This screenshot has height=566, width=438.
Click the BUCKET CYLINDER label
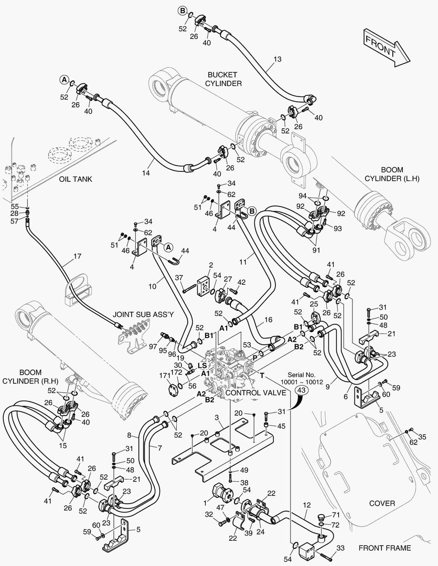tap(223, 79)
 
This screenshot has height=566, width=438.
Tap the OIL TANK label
tap(76, 179)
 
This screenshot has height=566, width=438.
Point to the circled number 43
tap(302, 390)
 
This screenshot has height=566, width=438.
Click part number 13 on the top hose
tap(278, 59)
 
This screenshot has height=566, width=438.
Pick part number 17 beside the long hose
tap(77, 257)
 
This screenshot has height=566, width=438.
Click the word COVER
tap(382, 503)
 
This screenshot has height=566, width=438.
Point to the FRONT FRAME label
tap(384, 548)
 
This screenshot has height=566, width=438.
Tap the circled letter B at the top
tap(183, 10)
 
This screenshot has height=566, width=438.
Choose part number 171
tap(164, 376)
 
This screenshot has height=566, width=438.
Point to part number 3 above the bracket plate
tap(216, 417)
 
